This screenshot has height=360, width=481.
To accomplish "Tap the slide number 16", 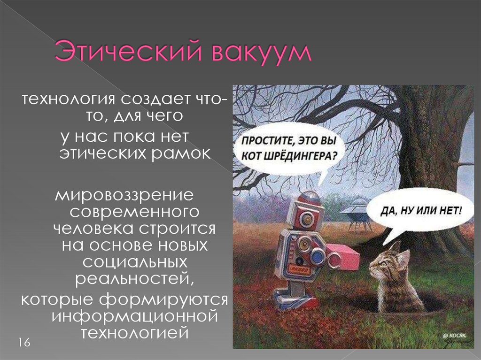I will pos(24,343).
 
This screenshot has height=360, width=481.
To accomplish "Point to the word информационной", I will pos(135,315).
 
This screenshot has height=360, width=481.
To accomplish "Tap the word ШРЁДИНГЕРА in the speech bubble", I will pos(303,156).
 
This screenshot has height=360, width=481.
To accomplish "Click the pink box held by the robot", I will pos(343,256).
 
